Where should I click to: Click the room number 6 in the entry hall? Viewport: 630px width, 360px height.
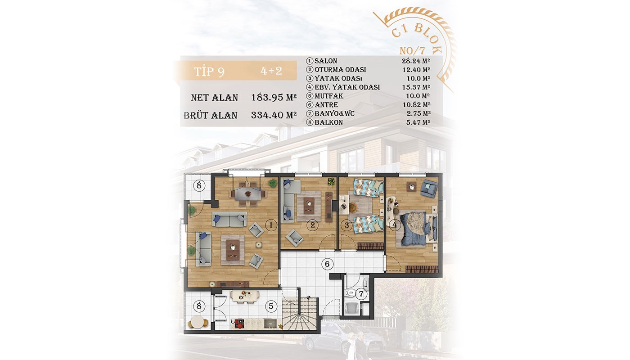327,264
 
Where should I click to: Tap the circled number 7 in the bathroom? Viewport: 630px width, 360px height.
361,294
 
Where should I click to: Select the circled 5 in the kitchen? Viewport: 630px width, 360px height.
271,306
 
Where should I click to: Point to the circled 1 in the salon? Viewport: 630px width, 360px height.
271,225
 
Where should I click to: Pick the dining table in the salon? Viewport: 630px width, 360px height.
248,194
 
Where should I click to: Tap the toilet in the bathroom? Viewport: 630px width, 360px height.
351,293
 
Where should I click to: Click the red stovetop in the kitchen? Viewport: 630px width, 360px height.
238,324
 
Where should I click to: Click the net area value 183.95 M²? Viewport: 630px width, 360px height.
274,97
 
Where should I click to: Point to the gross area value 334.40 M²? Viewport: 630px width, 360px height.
274,115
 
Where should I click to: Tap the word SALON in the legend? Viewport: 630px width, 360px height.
326,61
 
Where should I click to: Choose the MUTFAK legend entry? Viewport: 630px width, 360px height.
329,96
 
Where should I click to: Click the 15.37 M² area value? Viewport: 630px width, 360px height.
416,87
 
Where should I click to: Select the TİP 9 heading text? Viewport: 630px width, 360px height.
209,72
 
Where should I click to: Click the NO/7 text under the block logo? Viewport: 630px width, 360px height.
412,50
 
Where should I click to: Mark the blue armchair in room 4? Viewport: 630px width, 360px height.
429,188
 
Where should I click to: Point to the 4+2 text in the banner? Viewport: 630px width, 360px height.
271,71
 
